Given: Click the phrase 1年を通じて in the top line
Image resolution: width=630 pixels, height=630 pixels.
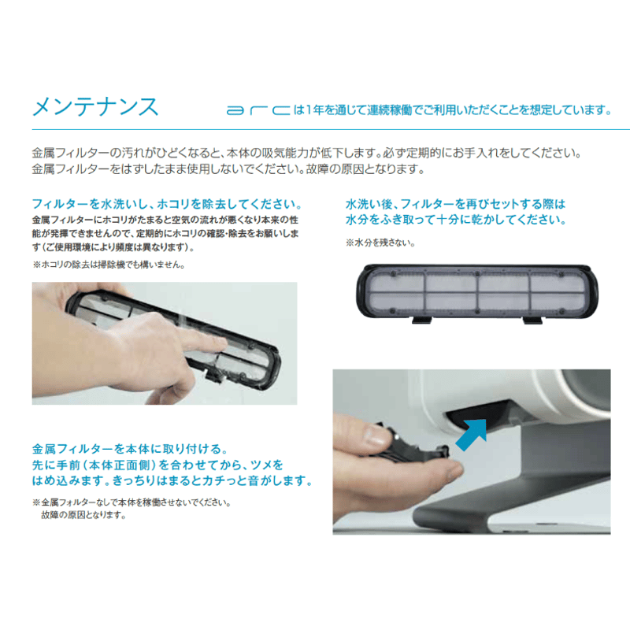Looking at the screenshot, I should click(328, 110).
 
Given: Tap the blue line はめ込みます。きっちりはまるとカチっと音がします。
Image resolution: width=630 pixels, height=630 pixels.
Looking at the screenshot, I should click(172, 480).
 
